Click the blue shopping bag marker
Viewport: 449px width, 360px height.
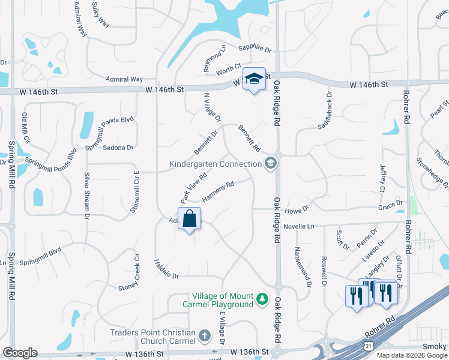(x=189, y=220)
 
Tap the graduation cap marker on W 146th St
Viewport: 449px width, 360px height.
(x=254, y=79)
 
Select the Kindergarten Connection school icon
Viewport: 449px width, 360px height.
(x=271, y=163)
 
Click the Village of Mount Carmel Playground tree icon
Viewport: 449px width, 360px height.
(x=262, y=299)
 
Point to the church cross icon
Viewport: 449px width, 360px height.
(x=204, y=336)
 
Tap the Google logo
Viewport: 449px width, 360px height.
(x=20, y=353)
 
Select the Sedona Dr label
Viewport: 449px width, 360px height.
(x=118, y=147)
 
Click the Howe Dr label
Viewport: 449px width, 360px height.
(x=296, y=209)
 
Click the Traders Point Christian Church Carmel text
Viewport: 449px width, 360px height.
(x=152, y=337)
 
